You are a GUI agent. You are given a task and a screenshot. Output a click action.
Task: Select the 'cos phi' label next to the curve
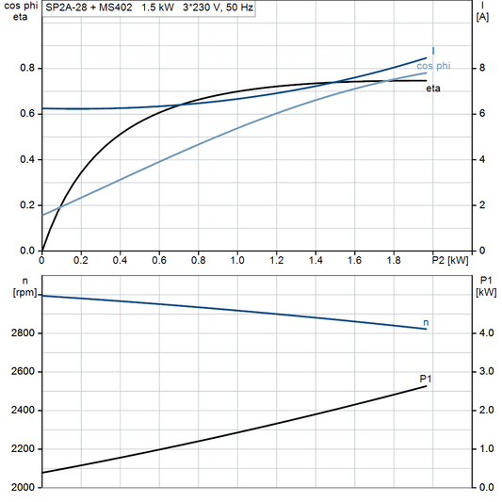[432, 66]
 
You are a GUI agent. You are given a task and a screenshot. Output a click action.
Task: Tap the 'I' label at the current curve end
[433, 51]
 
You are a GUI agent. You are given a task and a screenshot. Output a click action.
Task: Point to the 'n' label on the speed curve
[426, 323]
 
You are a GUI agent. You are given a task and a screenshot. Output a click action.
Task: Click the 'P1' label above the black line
[425, 378]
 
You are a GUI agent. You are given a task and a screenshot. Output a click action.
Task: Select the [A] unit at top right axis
[482, 17]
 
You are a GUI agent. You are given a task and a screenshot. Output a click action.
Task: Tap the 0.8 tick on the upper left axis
[26, 68]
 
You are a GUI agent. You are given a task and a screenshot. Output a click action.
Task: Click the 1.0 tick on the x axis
[237, 259]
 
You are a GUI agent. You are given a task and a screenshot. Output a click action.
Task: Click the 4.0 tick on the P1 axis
[484, 333]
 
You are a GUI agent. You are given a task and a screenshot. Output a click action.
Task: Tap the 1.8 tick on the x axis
[394, 259]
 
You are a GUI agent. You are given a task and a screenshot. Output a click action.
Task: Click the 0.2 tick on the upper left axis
[26, 205]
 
